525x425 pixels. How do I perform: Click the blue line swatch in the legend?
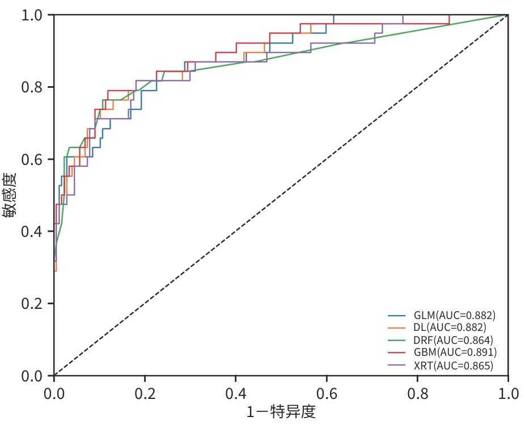click(397, 315)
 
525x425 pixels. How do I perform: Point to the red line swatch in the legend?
click(397, 352)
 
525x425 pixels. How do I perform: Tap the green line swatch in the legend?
click(397, 340)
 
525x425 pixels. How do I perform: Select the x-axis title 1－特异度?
click(281, 412)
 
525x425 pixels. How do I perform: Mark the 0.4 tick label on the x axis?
click(236, 393)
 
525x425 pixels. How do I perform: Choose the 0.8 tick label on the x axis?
click(417, 393)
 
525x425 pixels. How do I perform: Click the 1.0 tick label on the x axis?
click(508, 393)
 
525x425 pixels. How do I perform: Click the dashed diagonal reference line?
click(281, 195)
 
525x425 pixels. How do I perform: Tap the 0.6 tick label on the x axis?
click(327, 393)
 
